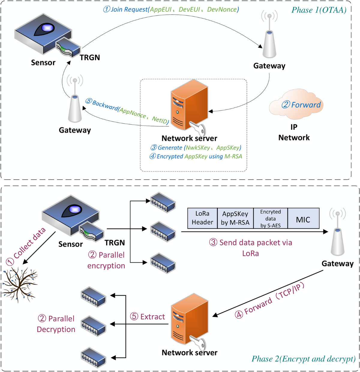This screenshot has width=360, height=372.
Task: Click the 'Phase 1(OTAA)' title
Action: (x=319, y=10)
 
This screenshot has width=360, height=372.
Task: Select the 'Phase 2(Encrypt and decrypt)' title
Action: (x=303, y=359)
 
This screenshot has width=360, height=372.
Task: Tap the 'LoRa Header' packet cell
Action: (x=202, y=218)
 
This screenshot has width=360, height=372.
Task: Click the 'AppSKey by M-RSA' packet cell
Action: (x=235, y=218)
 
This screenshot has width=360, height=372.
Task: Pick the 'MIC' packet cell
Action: (x=303, y=219)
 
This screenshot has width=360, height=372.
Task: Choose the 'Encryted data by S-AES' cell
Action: (x=270, y=218)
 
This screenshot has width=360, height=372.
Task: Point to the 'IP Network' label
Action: (x=294, y=132)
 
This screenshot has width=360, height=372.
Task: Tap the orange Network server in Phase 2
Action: (x=189, y=320)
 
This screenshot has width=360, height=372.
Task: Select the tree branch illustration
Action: (x=20, y=284)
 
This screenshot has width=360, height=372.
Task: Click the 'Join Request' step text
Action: (x=171, y=10)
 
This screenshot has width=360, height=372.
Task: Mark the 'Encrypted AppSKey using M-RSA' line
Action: (x=196, y=156)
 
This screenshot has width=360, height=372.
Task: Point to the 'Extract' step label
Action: (x=148, y=317)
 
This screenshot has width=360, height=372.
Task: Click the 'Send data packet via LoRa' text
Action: (x=251, y=248)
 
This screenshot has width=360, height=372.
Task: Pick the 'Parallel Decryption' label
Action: (x=56, y=324)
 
